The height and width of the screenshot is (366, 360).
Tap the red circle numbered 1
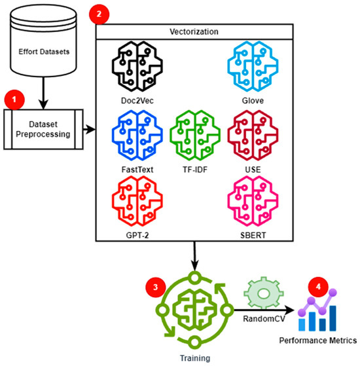pos(14,100)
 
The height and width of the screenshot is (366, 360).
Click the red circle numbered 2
pos(99,11)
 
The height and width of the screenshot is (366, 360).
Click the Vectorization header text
pos(196,33)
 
